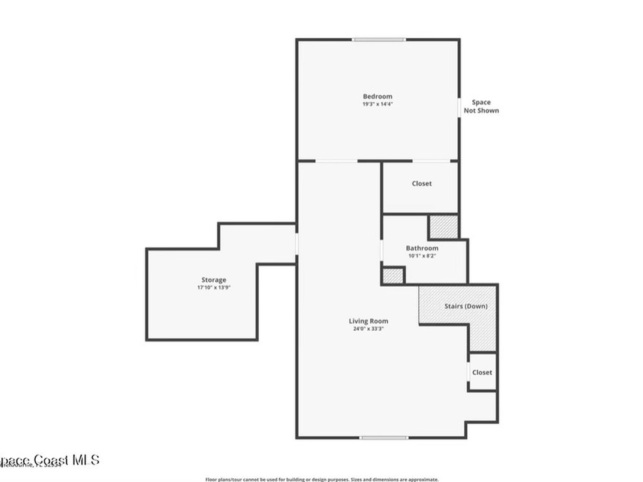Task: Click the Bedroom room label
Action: [x=377, y=97]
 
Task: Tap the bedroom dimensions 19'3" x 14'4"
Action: [x=377, y=104]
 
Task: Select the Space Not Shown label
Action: [x=482, y=107]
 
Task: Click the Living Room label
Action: [x=369, y=321]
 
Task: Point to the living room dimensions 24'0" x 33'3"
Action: [x=369, y=328]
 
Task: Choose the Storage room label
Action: [x=214, y=280]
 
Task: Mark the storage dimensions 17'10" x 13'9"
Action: [x=214, y=287]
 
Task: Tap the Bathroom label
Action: [x=422, y=249]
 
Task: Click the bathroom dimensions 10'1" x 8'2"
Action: [x=422, y=256]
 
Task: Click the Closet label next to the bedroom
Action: [x=422, y=184]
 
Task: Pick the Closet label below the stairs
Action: [x=482, y=372]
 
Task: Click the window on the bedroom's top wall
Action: [x=378, y=40]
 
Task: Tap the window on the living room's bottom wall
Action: [x=384, y=437]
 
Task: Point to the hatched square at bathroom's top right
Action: [x=443, y=227]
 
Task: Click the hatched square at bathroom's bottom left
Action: [x=393, y=276]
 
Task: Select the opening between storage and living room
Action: [x=296, y=244]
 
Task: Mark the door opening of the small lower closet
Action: [x=468, y=372]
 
